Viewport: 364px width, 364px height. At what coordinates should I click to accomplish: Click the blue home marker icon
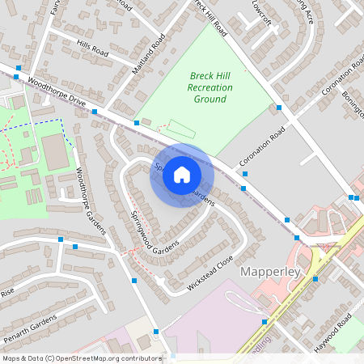click(182, 176)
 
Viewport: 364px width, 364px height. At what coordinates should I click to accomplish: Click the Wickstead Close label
click(210, 274)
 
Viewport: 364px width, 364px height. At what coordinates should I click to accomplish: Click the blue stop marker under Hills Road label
click(95, 112)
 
